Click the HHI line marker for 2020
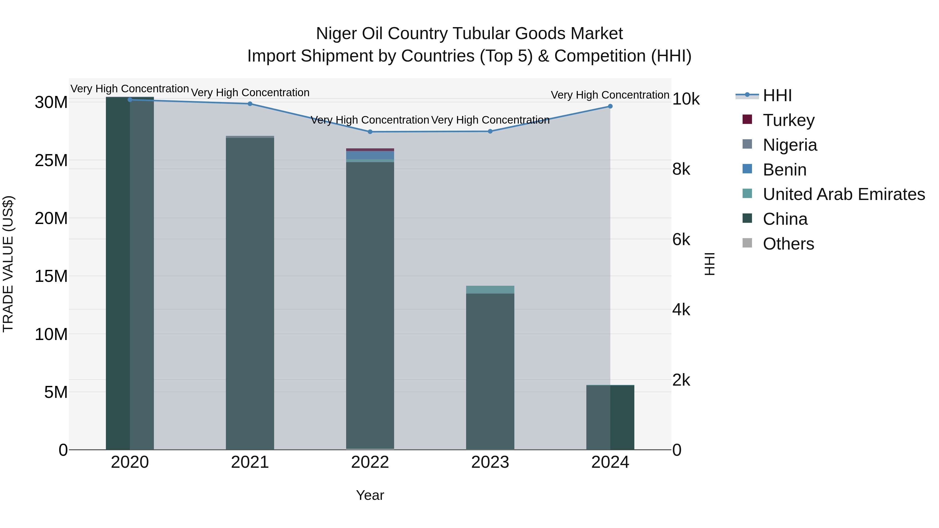130,100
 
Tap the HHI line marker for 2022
370,132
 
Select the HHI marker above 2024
610,106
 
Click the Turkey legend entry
788,120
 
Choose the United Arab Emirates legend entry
844,194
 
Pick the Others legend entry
788,244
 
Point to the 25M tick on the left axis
51,160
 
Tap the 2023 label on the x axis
490,462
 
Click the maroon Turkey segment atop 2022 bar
370,150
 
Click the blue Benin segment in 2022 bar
370,155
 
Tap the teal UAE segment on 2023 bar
490,290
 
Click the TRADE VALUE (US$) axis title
8,264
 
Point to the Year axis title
370,495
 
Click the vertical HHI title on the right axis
709,264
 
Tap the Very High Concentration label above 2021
250,93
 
